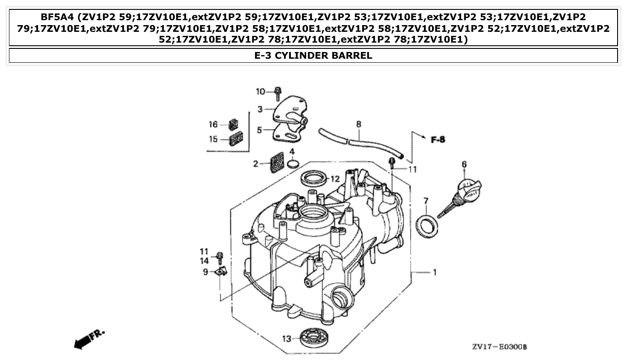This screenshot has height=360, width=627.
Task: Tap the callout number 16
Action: (213, 124)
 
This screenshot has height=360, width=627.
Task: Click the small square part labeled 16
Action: (234, 124)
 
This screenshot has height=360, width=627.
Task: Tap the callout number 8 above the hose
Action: (359, 123)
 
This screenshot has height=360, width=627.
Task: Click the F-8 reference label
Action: (438, 140)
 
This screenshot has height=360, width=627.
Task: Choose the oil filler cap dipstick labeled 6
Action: (462, 195)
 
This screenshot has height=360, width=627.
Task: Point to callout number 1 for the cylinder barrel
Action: (434, 272)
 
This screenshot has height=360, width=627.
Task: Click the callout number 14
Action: (204, 260)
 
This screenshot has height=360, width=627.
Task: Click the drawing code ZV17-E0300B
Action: (499, 347)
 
